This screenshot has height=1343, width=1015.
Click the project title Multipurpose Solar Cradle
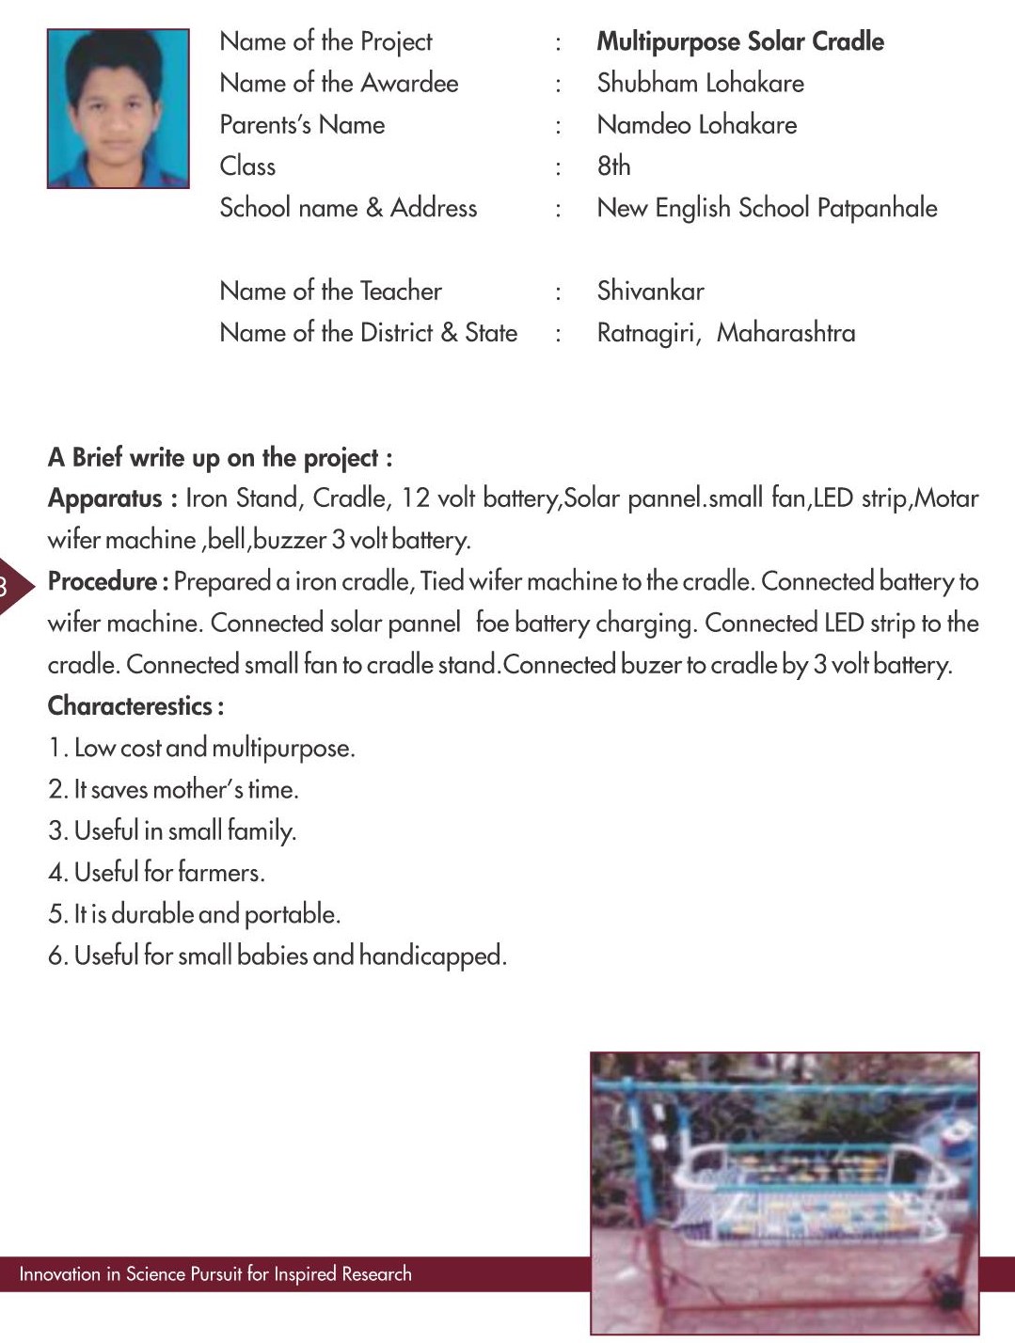tap(740, 42)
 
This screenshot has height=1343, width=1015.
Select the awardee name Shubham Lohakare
tap(700, 84)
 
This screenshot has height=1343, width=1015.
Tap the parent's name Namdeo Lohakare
tap(696, 125)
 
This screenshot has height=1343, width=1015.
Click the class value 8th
tap(613, 166)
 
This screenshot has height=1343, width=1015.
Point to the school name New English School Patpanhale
tap(767, 208)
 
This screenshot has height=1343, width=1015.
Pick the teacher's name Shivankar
tap(650, 292)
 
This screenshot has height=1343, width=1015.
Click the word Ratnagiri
tap(648, 333)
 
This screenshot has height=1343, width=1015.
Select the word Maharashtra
tap(785, 333)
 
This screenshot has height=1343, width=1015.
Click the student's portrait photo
tap(119, 108)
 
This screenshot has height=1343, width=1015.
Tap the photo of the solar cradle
tap(785, 1192)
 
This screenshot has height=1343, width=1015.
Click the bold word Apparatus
tap(105, 498)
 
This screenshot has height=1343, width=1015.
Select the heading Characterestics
tap(135, 706)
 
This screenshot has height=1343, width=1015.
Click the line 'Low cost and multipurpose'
tap(201, 749)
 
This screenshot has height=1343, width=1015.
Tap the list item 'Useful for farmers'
tap(156, 873)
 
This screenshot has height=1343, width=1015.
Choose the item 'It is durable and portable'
tap(194, 914)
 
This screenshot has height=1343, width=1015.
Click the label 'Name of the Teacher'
tap(330, 292)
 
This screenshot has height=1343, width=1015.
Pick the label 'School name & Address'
tap(348, 208)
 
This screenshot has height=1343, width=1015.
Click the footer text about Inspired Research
tap(215, 1274)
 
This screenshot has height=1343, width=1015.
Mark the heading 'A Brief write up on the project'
tap(220, 458)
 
